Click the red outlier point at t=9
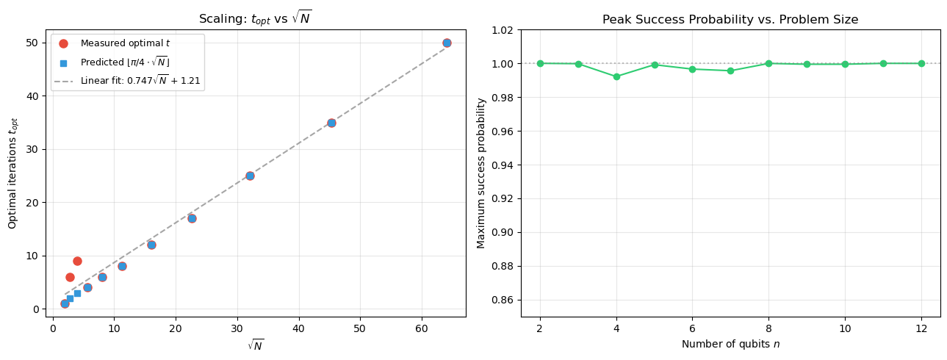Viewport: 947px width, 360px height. (x=77, y=261)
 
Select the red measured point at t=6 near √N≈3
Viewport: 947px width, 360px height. (x=70, y=277)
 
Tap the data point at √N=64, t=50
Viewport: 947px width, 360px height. (x=447, y=43)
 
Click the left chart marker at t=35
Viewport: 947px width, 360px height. (x=331, y=123)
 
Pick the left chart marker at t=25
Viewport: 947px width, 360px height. (x=250, y=176)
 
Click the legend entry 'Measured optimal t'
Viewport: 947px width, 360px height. (x=125, y=44)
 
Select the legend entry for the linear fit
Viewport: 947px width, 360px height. (x=140, y=80)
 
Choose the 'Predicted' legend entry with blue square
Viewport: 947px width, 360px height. (x=125, y=62)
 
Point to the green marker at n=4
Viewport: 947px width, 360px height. (x=616, y=76)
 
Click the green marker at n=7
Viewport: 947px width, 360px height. (x=730, y=71)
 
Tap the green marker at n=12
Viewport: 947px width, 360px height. (x=921, y=63)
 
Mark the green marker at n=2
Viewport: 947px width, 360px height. (x=540, y=63)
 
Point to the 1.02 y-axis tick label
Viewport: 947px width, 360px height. (x=502, y=30)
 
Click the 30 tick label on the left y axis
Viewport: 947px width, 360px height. (x=32, y=149)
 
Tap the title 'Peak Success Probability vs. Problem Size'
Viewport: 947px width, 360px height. (x=730, y=20)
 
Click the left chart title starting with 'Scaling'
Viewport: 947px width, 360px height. (x=255, y=18)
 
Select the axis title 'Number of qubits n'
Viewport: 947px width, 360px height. (x=730, y=344)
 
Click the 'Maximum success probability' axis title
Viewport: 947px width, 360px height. (x=481, y=173)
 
